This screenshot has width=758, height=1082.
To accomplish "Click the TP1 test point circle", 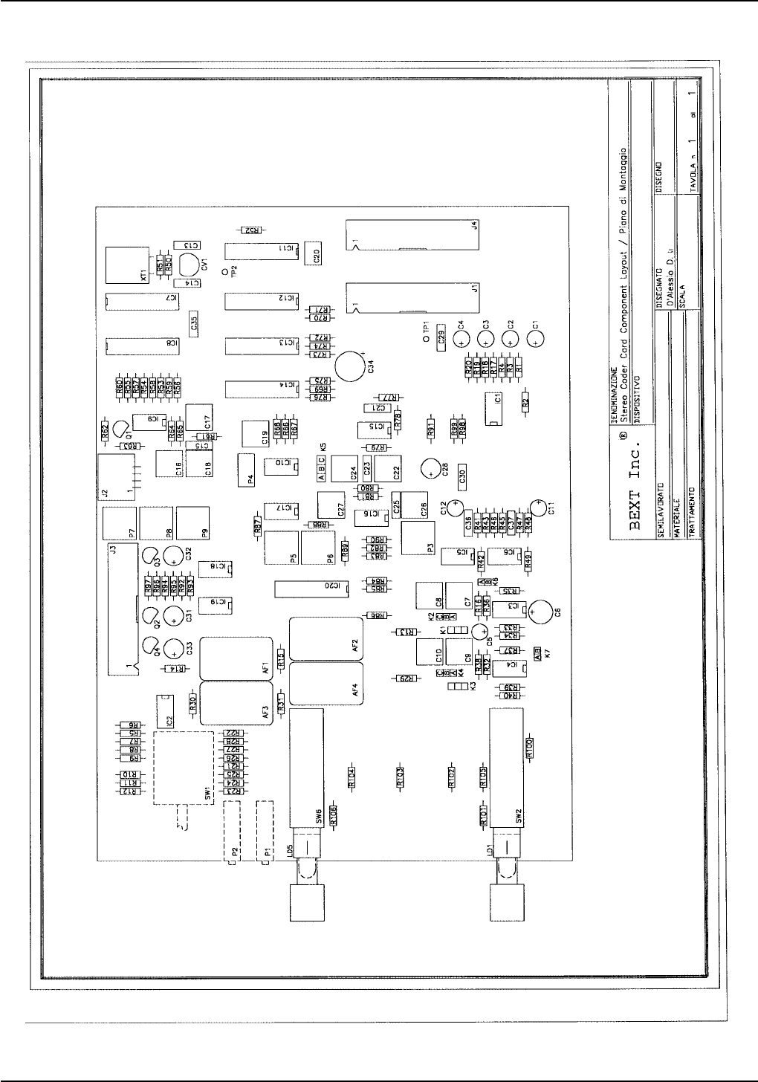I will coord(426,339).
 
